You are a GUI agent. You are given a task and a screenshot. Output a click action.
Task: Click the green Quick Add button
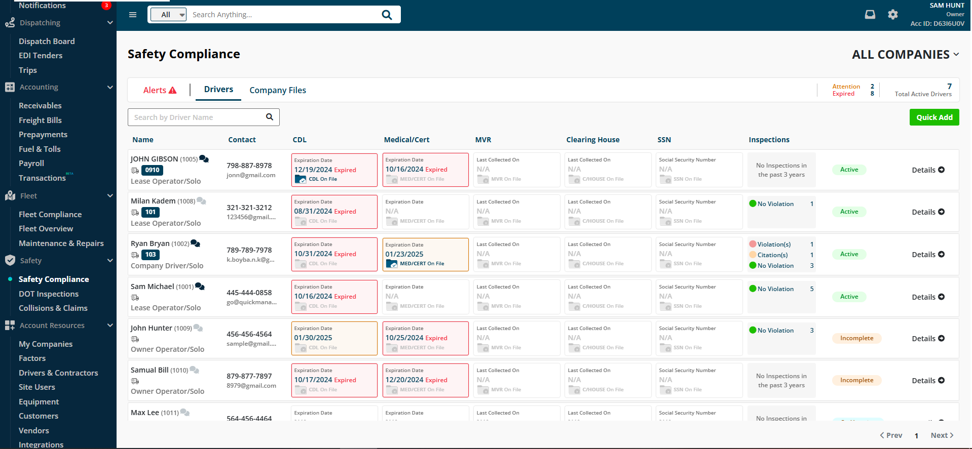coord(934,117)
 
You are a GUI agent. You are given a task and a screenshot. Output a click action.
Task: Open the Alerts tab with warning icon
coord(160,90)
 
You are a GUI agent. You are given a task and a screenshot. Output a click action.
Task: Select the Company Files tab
coord(278,90)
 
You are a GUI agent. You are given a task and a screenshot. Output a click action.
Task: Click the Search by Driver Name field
coord(198,117)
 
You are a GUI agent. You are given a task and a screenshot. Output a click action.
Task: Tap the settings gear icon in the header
coord(893,15)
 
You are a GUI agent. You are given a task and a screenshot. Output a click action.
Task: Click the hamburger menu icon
coord(133,15)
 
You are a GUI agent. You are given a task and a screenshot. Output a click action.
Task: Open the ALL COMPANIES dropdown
coord(905,55)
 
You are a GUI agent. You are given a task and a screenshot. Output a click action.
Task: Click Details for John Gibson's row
coord(928,170)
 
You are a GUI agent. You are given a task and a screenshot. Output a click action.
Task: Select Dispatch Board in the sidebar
coord(47,42)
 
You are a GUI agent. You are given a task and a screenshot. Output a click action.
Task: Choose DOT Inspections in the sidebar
coord(49,294)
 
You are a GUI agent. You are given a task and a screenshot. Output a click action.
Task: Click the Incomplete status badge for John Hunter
coord(856,338)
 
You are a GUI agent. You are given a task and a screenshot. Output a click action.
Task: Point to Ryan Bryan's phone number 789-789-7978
coord(249,250)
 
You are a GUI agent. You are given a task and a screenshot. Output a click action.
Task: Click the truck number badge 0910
coord(152,171)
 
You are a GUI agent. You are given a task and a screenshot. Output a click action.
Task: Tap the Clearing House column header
coord(593,140)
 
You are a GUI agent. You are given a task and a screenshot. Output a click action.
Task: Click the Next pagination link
coord(942,435)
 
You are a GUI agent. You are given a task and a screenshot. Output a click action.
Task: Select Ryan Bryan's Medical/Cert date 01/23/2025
coord(404,254)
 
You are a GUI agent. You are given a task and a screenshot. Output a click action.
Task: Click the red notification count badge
coord(106,6)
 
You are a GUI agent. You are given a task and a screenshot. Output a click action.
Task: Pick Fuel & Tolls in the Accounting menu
coord(40,149)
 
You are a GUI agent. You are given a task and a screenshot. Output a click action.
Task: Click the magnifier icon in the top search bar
coord(387,15)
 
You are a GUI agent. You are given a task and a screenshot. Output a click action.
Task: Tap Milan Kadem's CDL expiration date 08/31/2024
coord(313,212)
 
